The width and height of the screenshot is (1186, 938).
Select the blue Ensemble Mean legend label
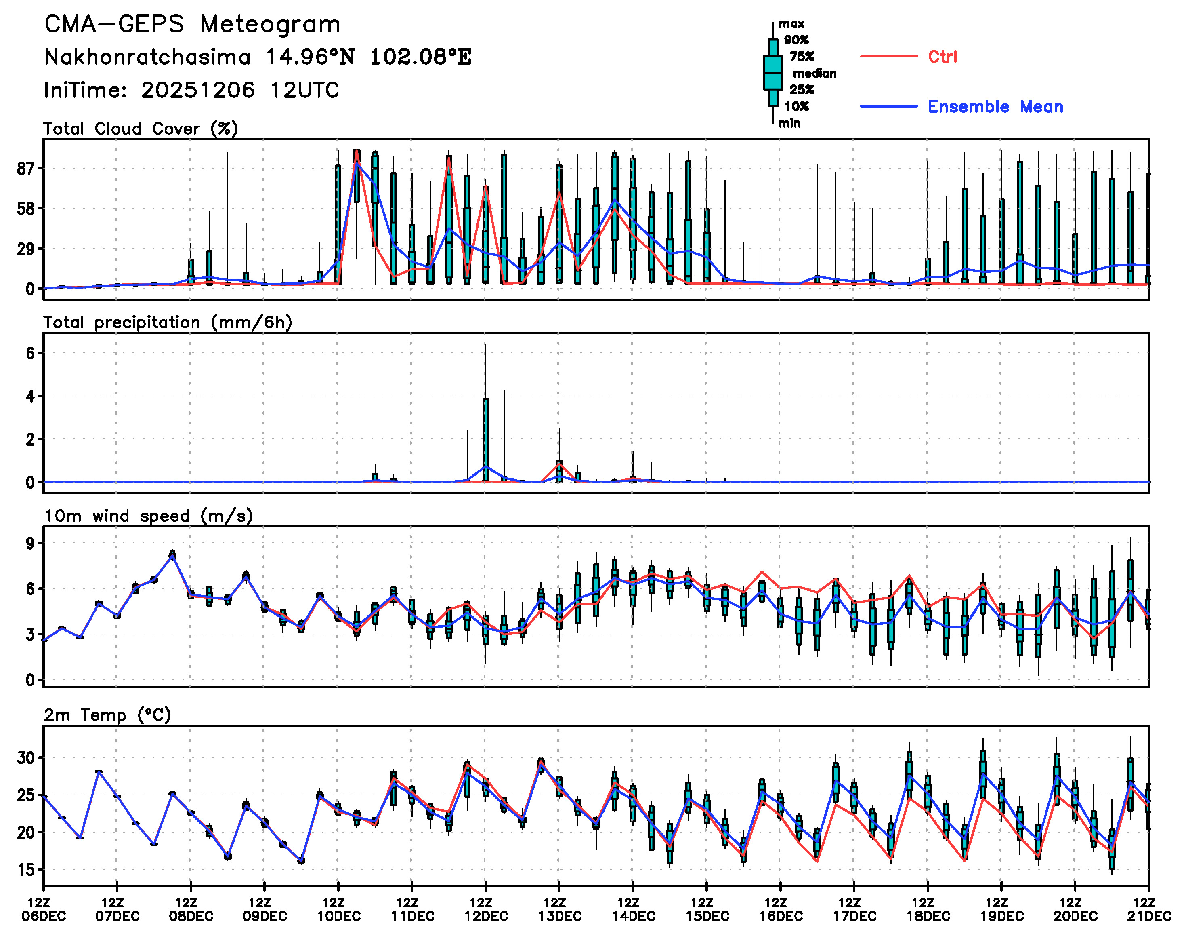point(995,107)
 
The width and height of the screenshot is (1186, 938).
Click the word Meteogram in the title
point(270,25)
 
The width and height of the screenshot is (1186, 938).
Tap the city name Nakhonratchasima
point(147,57)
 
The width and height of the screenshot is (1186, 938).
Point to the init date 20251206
point(197,90)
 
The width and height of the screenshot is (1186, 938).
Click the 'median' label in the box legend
point(814,74)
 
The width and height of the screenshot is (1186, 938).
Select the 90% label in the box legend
point(796,40)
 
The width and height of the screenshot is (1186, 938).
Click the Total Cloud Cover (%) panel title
point(141,129)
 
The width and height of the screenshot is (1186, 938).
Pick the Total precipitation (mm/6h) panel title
point(168,323)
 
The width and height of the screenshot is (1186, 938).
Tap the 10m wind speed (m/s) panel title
point(148,516)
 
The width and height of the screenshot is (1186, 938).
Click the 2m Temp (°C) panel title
point(107,715)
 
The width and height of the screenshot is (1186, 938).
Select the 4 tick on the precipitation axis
point(30,396)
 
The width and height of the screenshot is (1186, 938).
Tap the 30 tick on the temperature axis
point(26,758)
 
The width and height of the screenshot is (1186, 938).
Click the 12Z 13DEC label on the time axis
point(559,909)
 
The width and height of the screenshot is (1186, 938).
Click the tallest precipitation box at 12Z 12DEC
point(485,439)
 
